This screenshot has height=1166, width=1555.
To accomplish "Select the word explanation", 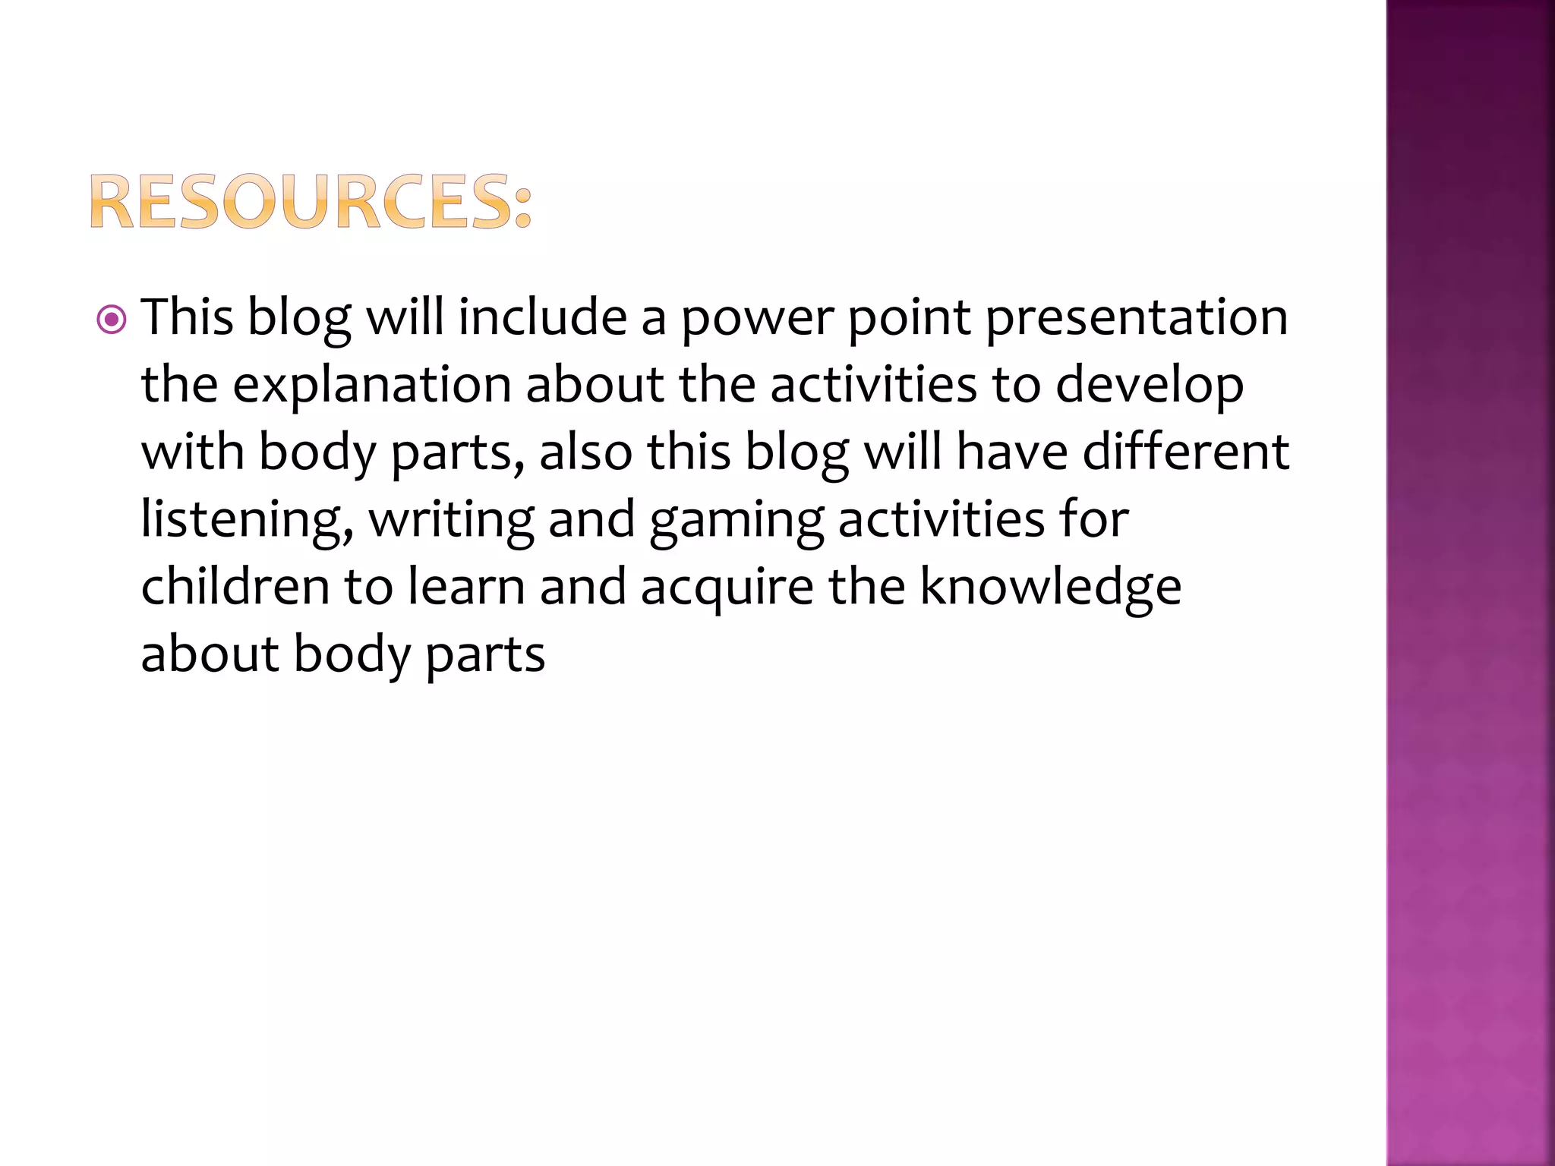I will point(371,385).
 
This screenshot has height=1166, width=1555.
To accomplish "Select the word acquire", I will point(727,588).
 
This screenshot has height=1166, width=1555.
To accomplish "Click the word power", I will point(756,319).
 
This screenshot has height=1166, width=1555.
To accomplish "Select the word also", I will point(585,452).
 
